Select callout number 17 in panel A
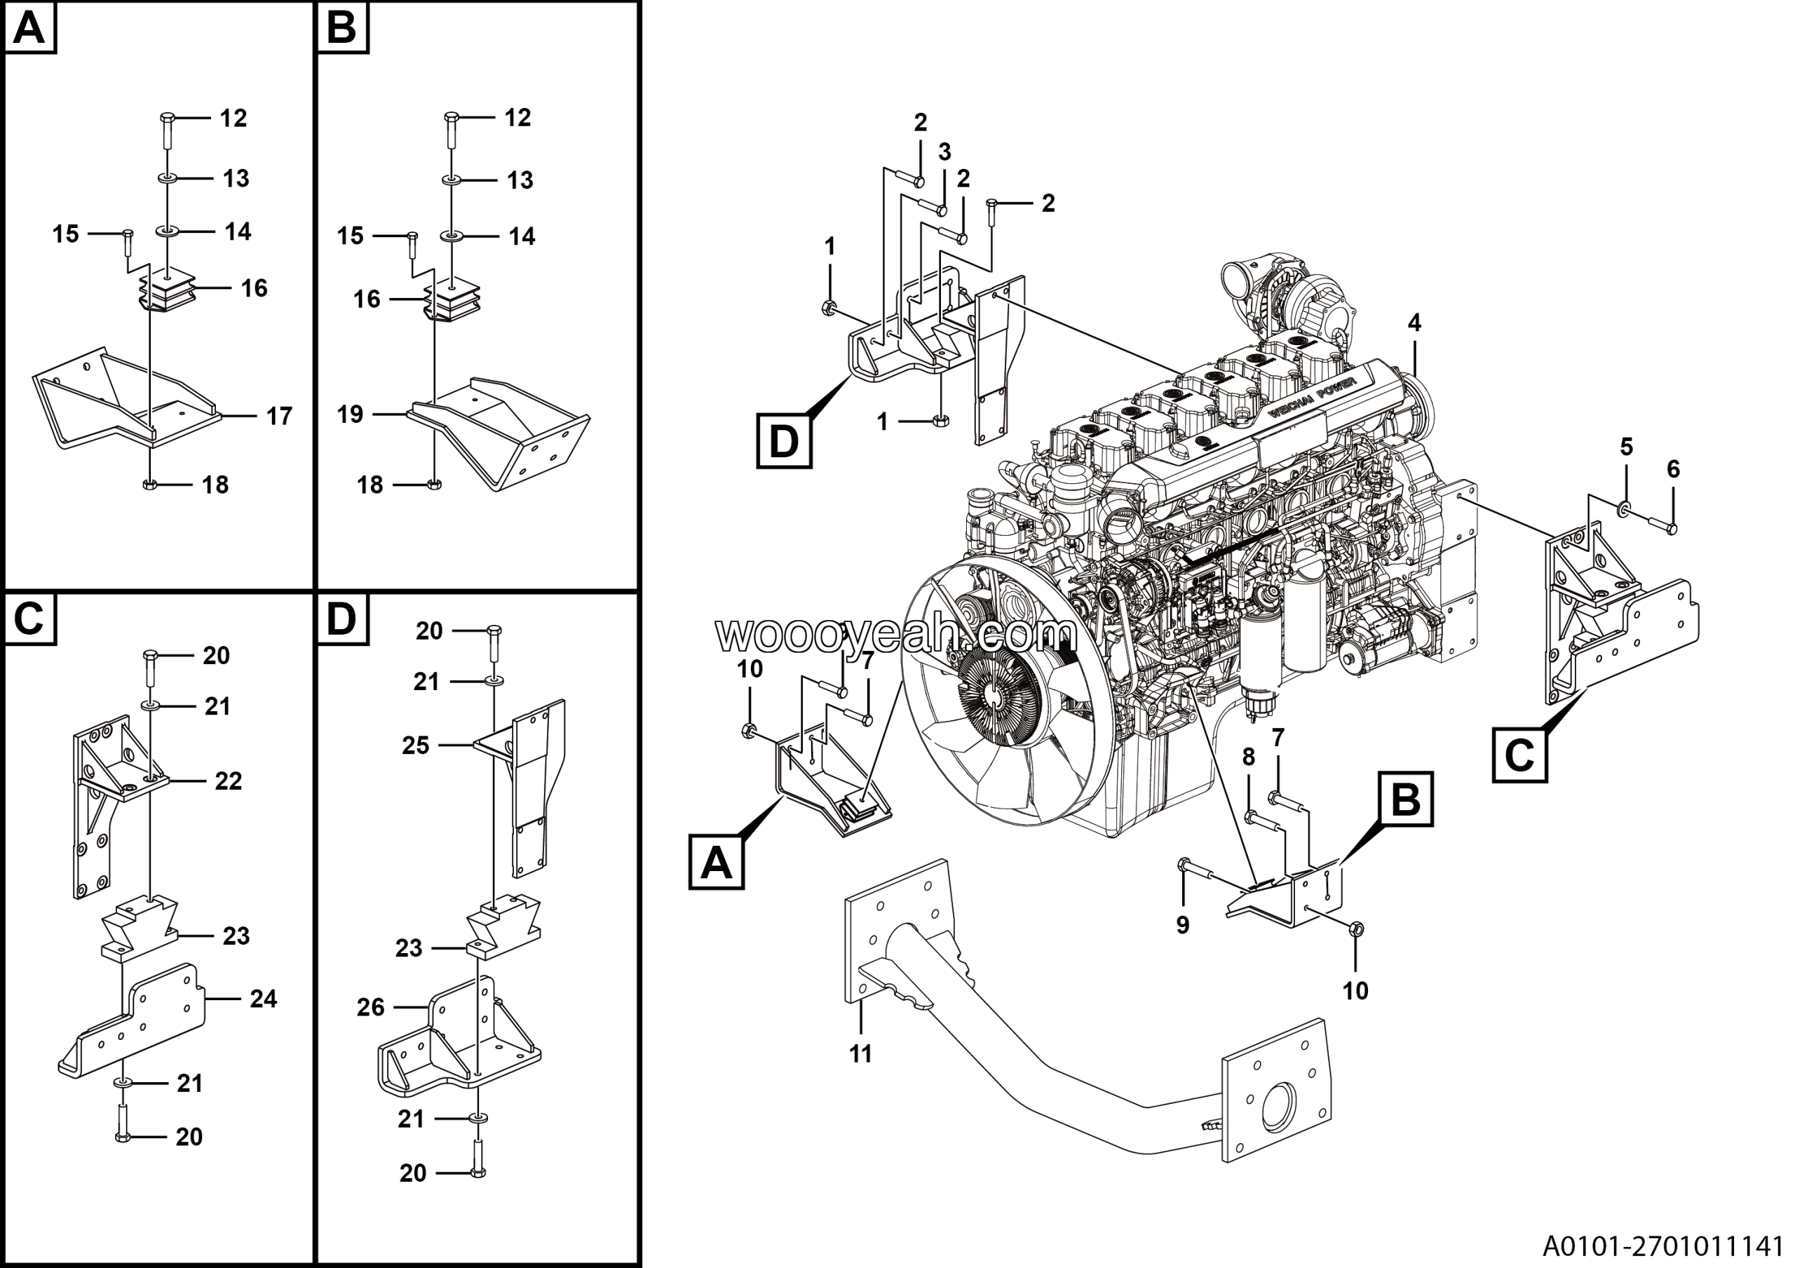point(279,417)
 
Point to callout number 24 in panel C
point(264,998)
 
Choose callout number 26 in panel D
point(371,1008)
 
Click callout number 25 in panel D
point(415,745)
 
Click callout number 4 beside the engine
point(1414,322)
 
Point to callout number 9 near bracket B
point(1182,925)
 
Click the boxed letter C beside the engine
point(1519,755)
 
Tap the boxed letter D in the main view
point(783,442)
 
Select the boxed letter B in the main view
point(1406,800)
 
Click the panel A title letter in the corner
point(29,28)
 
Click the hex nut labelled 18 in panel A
point(150,485)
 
